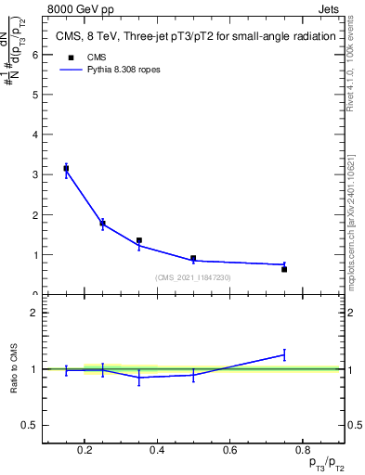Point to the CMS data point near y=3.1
[66, 168]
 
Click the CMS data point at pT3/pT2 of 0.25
[102, 223]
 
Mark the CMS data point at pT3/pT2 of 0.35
[138, 240]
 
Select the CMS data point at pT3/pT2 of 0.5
[193, 259]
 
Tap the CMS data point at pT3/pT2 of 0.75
[284, 269]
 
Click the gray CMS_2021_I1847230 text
[193, 277]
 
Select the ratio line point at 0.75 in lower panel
[284, 353]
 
